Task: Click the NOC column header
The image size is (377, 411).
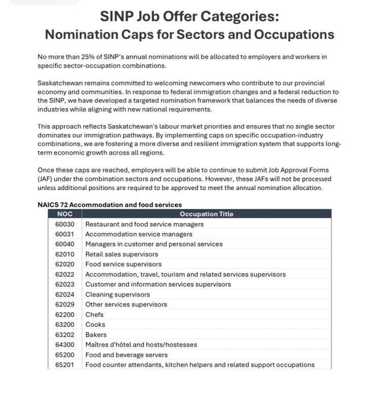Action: coord(65,214)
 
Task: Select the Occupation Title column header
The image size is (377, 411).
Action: coord(207,214)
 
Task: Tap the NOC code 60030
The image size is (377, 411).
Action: coord(65,224)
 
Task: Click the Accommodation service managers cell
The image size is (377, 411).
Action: coord(139,234)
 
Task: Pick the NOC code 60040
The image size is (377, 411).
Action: coord(65,244)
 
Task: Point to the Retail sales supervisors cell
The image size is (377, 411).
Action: coord(121,254)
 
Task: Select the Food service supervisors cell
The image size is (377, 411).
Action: coord(123,264)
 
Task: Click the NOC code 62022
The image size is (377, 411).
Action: coord(65,274)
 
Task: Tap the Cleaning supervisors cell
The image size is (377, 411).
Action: coord(117,294)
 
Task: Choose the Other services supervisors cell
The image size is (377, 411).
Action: coord(126,305)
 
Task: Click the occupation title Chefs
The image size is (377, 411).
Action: coord(94,315)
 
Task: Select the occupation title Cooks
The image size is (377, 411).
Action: coord(95,325)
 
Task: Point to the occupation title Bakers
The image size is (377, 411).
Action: coord(96,335)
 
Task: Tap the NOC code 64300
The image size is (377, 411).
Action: coord(65,345)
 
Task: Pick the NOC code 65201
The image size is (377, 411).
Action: coord(65,365)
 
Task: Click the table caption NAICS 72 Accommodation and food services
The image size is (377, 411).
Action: coord(110,205)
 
